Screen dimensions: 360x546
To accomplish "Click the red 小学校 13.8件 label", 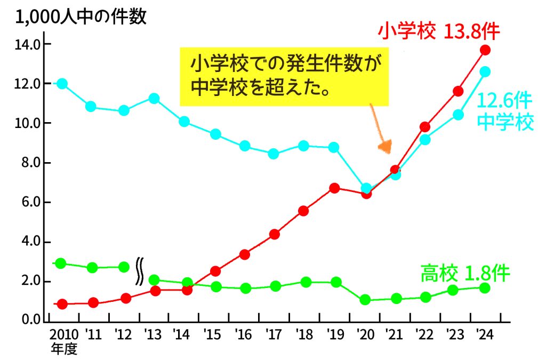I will [x=438, y=32].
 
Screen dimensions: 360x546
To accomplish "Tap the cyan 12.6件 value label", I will [x=504, y=101].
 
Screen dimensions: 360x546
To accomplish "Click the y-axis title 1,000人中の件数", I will [x=81, y=18].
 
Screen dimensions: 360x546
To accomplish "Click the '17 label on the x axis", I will [x=274, y=335].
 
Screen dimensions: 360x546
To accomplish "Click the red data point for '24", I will [x=485, y=50].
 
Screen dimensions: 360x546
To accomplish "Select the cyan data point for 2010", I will [x=62, y=84].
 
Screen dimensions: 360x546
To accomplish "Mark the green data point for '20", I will [x=365, y=300].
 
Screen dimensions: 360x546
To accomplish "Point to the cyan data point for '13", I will [x=154, y=98].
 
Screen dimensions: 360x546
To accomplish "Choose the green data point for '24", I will [x=485, y=288].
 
